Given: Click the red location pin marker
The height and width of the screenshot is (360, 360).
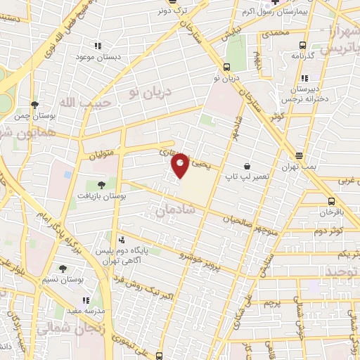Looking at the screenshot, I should pyautogui.click(x=181, y=165).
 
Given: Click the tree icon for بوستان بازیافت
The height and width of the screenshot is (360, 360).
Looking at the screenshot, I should pyautogui.click(x=101, y=184).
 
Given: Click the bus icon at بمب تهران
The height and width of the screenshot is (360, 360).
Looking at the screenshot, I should pyautogui.click(x=300, y=156).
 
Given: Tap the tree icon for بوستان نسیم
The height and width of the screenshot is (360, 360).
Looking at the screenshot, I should pyautogui.click(x=63, y=269).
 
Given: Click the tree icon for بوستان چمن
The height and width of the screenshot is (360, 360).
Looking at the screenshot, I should pyautogui.click(x=34, y=104).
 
